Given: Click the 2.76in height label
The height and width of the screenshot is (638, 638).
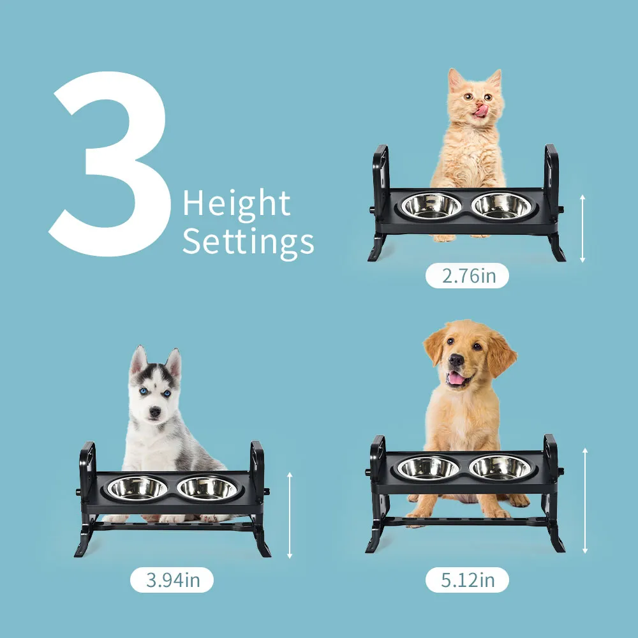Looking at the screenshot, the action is pyautogui.click(x=467, y=276).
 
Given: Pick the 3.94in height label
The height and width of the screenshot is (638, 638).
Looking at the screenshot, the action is pyautogui.click(x=172, y=580).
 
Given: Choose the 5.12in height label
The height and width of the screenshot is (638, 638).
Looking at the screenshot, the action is pyautogui.click(x=467, y=580).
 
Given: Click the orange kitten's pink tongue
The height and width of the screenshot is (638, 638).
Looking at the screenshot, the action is pyautogui.click(x=481, y=110).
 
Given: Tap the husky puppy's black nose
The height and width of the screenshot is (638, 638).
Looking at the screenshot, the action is pyautogui.click(x=154, y=412).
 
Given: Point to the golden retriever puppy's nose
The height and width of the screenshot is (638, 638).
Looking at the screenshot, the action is pyautogui.click(x=456, y=360).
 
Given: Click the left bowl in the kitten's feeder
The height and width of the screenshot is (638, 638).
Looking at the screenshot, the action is pyautogui.click(x=431, y=205).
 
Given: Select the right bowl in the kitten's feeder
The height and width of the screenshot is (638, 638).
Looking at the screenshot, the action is pyautogui.click(x=502, y=205).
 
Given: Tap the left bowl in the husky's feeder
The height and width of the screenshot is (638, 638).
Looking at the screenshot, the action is pyautogui.click(x=137, y=487).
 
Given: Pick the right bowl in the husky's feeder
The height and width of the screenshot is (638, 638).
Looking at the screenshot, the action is pyautogui.click(x=207, y=487).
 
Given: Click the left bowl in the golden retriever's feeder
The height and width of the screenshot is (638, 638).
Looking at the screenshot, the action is pyautogui.click(x=427, y=468).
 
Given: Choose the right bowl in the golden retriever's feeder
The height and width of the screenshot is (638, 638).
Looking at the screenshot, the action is pyautogui.click(x=500, y=468).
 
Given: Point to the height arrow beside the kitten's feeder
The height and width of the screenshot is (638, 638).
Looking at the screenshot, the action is pyautogui.click(x=582, y=228).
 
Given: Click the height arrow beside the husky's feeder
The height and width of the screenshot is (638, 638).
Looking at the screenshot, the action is pyautogui.click(x=290, y=515).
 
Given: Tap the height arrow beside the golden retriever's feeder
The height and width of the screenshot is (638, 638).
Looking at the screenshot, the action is pyautogui.click(x=585, y=500).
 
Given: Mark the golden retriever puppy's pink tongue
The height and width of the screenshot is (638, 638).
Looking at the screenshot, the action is pyautogui.click(x=456, y=379).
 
